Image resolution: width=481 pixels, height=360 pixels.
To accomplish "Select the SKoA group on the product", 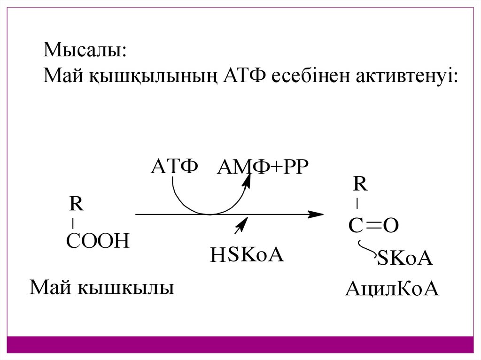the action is (x=405, y=259).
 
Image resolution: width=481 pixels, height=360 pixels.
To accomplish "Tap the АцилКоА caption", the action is (x=392, y=289).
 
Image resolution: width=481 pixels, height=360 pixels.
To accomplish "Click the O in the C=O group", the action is (x=391, y=226).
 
